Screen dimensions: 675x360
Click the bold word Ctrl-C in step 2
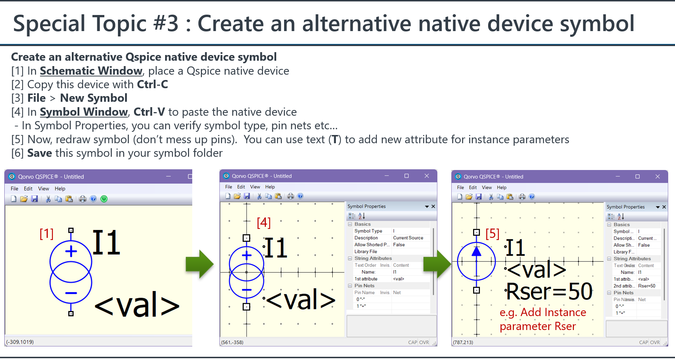pyautogui.click(x=153, y=84)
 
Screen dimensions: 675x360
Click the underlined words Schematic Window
pyautogui.click(x=91, y=71)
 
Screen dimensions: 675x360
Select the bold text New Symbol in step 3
pyautogui.click(x=94, y=98)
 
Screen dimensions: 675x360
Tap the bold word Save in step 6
pyautogui.click(x=40, y=153)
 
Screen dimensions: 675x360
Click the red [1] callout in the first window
pyautogui.click(x=46, y=234)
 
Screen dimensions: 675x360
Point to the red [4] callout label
pyautogui.click(x=264, y=222)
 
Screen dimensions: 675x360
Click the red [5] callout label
pyautogui.click(x=492, y=234)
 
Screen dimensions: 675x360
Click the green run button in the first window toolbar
pyautogui.click(x=104, y=199)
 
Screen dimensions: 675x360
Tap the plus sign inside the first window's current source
pyautogui.click(x=71, y=251)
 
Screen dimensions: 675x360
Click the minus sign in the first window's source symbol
pyautogui.click(x=71, y=293)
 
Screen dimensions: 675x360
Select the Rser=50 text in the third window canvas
pyautogui.click(x=550, y=291)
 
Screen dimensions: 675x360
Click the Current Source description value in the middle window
pyautogui.click(x=408, y=238)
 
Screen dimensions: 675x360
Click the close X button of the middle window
pyautogui.click(x=427, y=176)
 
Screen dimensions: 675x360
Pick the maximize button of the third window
pyautogui.click(x=637, y=176)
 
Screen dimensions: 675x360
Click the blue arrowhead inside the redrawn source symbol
pyautogui.click(x=476, y=251)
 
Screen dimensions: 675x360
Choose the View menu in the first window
pyautogui.click(x=44, y=189)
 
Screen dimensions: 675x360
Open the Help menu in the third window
pyautogui.click(x=502, y=187)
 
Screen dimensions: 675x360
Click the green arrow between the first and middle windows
pyautogui.click(x=199, y=264)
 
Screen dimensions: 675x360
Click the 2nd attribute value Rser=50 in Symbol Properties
pyautogui.click(x=647, y=286)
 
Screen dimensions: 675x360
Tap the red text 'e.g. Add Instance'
pyautogui.click(x=543, y=312)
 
